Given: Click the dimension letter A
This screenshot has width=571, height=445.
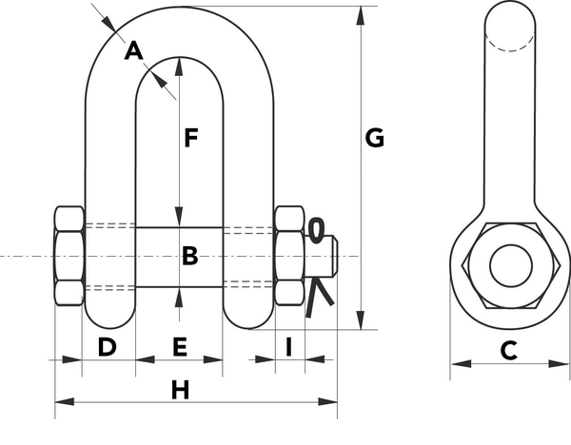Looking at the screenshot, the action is click(133, 50).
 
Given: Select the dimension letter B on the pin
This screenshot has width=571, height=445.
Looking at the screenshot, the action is click(189, 256).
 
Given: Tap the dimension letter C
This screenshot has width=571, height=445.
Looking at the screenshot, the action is click(509, 351).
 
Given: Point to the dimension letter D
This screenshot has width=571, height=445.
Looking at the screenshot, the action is click(107, 347).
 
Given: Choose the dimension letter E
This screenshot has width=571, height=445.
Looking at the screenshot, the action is click(180, 347).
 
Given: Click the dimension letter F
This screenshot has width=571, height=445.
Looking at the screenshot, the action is click(190, 138).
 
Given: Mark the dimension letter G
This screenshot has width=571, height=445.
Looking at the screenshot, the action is click(374, 138).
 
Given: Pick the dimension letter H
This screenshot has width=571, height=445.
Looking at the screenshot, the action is click(180, 390).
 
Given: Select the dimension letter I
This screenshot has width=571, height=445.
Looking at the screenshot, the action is click(289, 347).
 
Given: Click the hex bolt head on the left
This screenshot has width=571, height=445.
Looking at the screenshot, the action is click(69, 256).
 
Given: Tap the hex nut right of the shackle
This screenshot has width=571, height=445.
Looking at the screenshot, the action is click(289, 256).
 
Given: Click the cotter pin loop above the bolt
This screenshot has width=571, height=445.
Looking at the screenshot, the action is click(316, 230).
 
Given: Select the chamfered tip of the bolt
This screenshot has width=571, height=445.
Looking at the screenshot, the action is click(335, 256).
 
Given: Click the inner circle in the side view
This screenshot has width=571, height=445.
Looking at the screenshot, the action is click(510, 265).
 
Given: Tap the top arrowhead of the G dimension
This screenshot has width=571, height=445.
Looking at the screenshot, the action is click(361, 15).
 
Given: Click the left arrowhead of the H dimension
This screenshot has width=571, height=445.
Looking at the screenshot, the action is click(65, 401).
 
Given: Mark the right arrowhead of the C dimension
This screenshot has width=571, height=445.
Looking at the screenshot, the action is click(559, 363).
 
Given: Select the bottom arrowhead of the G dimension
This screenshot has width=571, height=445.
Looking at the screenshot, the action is click(361, 320).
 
